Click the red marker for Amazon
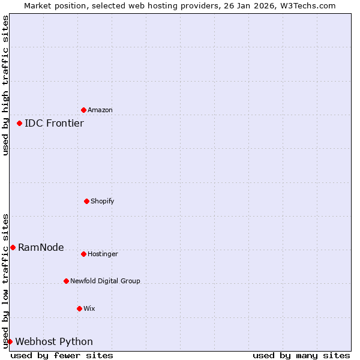83,110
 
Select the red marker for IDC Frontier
19,123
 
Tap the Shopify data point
86,201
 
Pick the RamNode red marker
13,247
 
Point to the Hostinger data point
83,254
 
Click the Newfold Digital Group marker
66,281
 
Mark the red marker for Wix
79,308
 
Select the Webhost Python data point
10,341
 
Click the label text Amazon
100,110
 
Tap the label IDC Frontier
54,124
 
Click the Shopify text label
103,201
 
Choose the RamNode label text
41,248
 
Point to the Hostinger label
103,254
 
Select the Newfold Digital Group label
105,281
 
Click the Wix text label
89,308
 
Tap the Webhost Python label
54,342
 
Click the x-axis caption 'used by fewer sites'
62,355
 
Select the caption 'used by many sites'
301,355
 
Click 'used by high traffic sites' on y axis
5,85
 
